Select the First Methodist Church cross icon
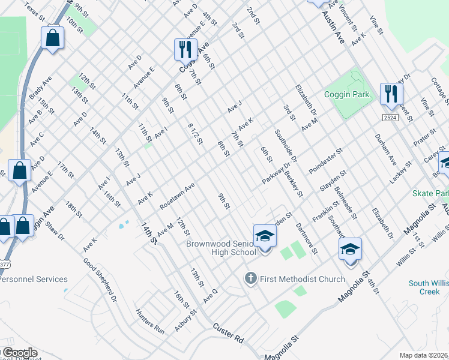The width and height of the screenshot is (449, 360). click(x=250, y=278)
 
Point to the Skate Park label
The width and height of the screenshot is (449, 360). click(x=430, y=194)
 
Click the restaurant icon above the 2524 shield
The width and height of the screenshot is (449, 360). click(x=391, y=93)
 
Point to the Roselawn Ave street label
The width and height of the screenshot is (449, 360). click(x=177, y=197)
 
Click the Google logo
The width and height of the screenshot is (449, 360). click(x=19, y=353)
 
